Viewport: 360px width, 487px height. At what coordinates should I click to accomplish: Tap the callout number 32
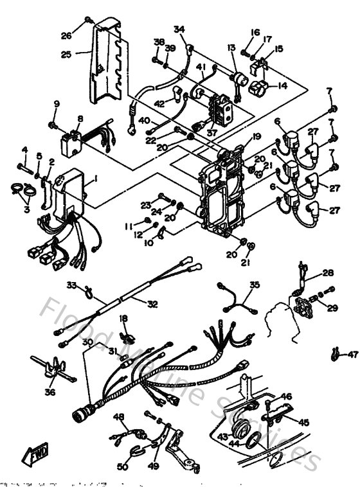152,304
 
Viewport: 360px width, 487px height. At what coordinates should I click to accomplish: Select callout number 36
50,391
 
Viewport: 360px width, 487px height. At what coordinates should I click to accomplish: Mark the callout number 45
303,422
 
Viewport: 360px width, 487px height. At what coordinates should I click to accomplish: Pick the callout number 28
328,272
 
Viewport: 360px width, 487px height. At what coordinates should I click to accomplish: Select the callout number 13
231,48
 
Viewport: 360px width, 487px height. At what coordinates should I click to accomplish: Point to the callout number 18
123,318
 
